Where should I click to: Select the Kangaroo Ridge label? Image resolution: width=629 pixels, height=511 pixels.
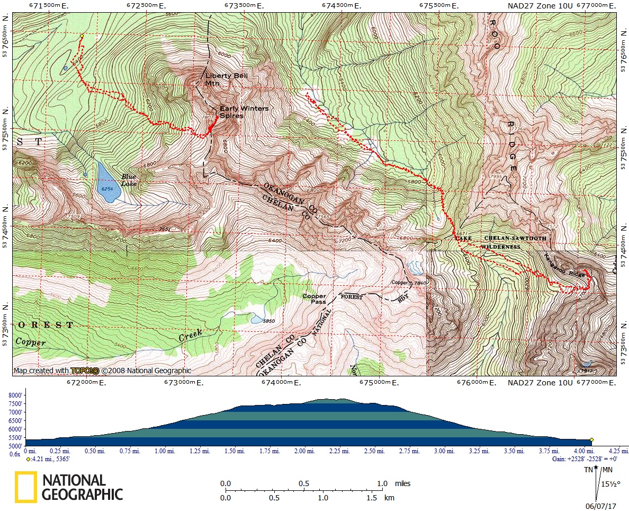click(564, 267)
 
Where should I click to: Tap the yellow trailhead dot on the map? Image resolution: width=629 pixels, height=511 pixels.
click(82, 36)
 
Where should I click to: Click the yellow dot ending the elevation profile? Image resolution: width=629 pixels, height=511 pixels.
click(591, 439)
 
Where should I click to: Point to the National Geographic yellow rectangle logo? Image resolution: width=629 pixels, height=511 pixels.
click(25, 487)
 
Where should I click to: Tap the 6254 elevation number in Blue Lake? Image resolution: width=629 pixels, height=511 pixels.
click(106, 188)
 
